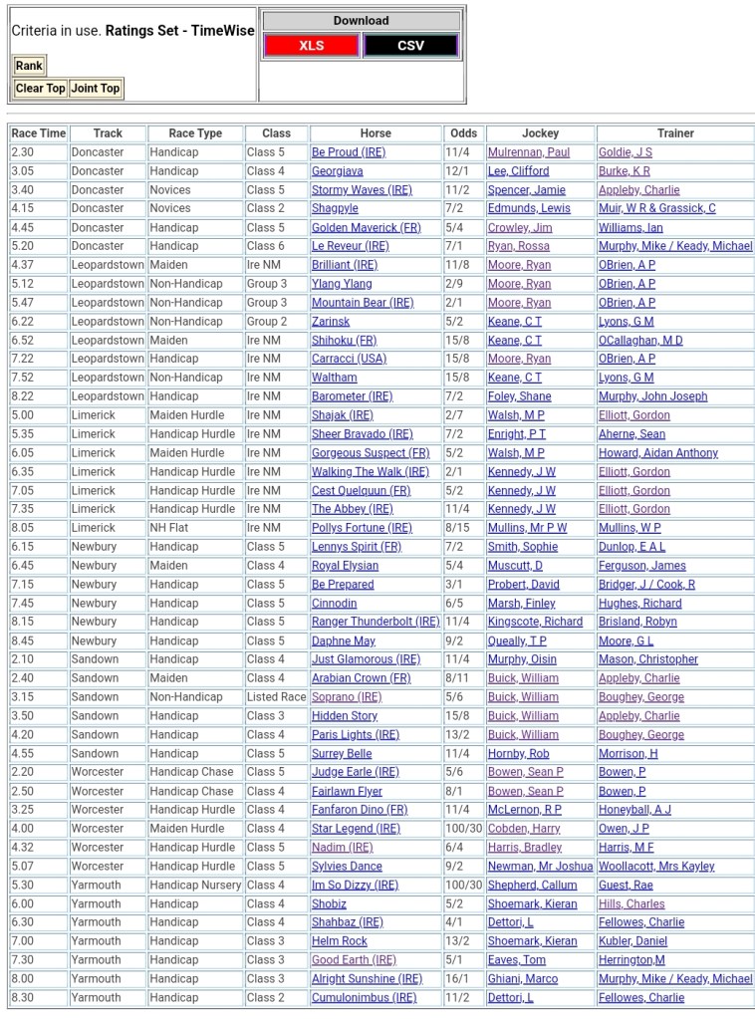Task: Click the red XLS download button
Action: [x=312, y=46]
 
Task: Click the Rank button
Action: [x=29, y=66]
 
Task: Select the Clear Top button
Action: [x=41, y=89]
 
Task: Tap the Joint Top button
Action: [x=96, y=89]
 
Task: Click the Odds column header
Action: [x=463, y=133]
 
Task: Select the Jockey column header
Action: [x=540, y=133]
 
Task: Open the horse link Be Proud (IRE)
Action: [x=348, y=152]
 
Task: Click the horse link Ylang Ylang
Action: [x=342, y=284]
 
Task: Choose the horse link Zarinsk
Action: [x=331, y=322]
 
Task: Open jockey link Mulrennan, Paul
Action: [x=528, y=152]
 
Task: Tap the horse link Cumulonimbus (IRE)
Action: [x=364, y=997]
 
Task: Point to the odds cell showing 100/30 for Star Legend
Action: [x=463, y=829]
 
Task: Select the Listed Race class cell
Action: [x=276, y=697]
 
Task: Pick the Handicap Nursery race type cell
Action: [x=195, y=885]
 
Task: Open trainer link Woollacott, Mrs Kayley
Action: [x=655, y=867]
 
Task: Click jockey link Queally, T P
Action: [x=516, y=641]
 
